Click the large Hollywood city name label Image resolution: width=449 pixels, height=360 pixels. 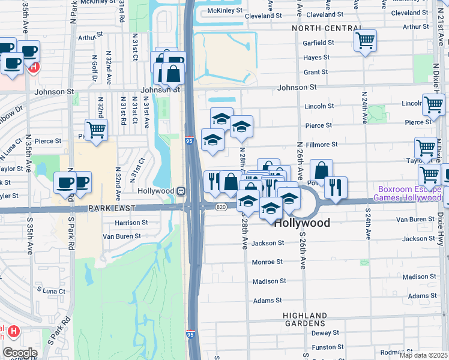point(303,223)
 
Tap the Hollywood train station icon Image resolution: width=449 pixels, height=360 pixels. point(180,191)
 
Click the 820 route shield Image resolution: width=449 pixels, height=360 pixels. point(221,207)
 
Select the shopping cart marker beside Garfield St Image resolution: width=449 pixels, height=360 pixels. point(365,41)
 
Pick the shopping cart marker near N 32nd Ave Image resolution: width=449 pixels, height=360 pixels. point(96,129)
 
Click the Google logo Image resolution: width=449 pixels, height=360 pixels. point(19,353)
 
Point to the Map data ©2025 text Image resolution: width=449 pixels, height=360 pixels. point(423,355)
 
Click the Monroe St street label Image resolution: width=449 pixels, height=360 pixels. point(267,262)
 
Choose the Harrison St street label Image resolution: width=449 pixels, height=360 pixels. point(131,223)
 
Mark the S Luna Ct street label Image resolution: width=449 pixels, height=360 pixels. point(50,291)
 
